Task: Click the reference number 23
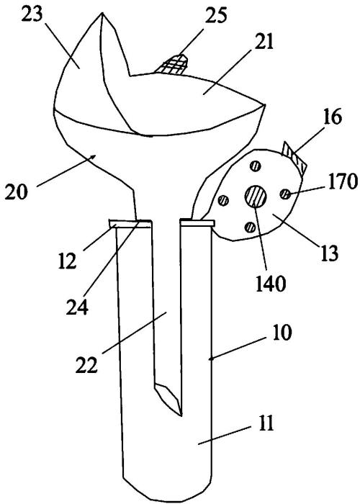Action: pyautogui.click(x=32, y=15)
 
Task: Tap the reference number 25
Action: pyautogui.click(x=216, y=15)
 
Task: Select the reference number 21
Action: pyautogui.click(x=264, y=42)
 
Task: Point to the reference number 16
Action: pyautogui.click(x=333, y=117)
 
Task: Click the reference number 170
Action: pyautogui.click(x=343, y=181)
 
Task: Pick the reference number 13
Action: pyautogui.click(x=329, y=253)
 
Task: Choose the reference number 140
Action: pyautogui.click(x=271, y=284)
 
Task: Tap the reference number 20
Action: pyautogui.click(x=17, y=192)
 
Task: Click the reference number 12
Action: pyautogui.click(x=68, y=260)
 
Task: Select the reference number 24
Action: pyautogui.click(x=77, y=307)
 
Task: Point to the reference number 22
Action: pyautogui.click(x=86, y=365)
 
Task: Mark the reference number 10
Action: pyautogui.click(x=282, y=333)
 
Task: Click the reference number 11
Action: pyautogui.click(x=265, y=423)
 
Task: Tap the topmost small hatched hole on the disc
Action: pyautogui.click(x=255, y=166)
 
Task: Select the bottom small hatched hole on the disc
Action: pyautogui.click(x=249, y=227)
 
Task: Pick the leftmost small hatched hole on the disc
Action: pyautogui.click(x=223, y=200)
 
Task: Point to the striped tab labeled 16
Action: pyautogui.click(x=294, y=158)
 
